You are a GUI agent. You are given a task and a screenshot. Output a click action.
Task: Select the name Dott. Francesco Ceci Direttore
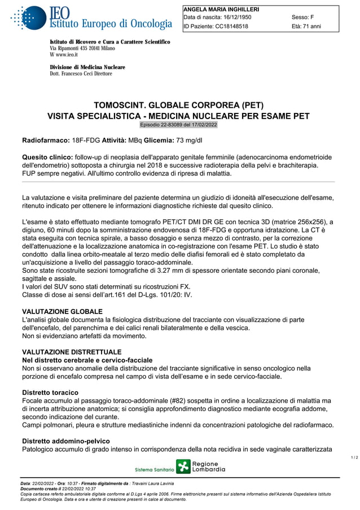pos(81,73)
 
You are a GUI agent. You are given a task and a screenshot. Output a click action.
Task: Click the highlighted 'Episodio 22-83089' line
pos(178,124)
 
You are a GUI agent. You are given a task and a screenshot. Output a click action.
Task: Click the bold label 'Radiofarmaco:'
pos(46,140)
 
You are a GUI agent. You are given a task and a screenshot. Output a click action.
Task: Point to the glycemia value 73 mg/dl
pos(189,140)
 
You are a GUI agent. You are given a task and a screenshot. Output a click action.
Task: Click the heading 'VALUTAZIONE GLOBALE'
pos(62,311)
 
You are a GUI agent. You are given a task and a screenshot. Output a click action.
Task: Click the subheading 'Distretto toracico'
pos(50,393)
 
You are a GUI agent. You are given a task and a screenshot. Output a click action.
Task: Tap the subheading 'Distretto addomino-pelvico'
pos(65,441)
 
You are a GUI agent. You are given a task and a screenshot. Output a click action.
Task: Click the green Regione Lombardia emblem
pos(183,467)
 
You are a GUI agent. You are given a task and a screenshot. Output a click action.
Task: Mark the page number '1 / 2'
pos(354,457)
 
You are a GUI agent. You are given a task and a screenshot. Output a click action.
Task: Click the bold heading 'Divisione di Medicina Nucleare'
pos(87,67)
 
